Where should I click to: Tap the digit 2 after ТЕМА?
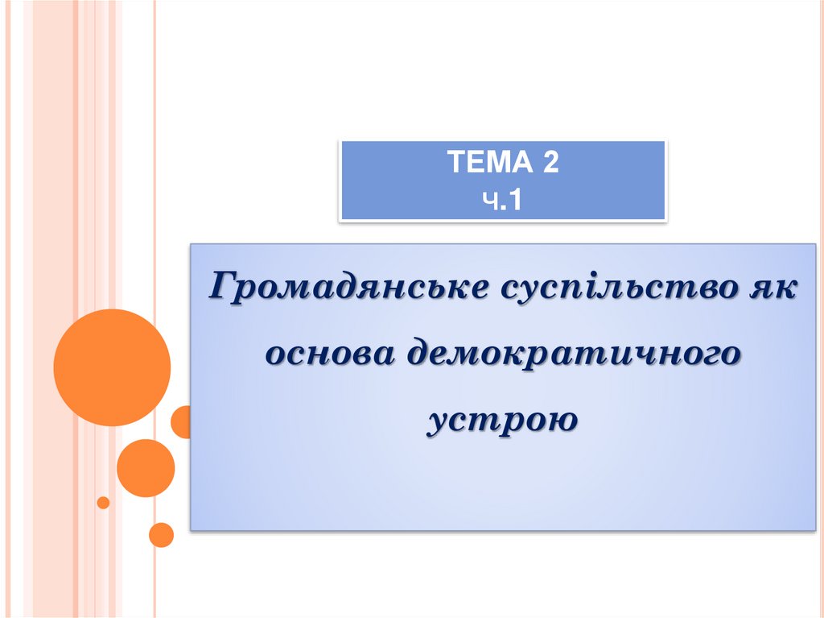(550, 164)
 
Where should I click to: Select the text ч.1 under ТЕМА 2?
(503, 199)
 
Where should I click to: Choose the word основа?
(332, 353)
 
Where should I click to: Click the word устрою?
(503, 420)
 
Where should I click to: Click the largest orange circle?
(112, 367)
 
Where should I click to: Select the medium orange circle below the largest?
(146, 468)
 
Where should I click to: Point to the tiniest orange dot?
(103, 503)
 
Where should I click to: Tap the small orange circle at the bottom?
(162, 535)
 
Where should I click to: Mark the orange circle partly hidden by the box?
(181, 421)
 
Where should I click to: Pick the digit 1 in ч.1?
(516, 199)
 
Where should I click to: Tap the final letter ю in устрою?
(564, 420)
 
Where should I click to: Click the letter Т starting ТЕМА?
(455, 164)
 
